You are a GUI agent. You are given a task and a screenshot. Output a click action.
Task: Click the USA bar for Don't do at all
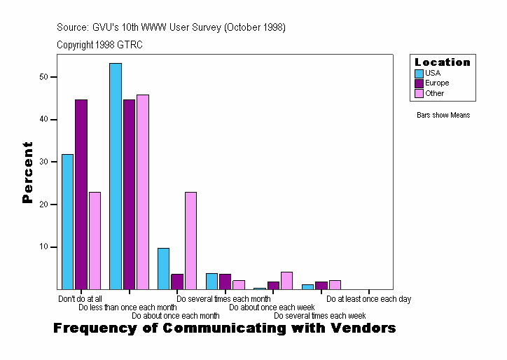point(67,221)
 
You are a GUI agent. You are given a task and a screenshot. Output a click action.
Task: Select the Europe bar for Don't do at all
point(81,194)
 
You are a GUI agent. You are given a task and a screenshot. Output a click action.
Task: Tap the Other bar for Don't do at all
point(95,240)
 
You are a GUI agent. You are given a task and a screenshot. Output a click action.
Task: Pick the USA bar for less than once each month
point(116,176)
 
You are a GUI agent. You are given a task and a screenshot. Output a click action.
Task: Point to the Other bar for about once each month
point(190,240)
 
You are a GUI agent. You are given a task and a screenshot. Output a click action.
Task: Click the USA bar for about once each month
point(163,268)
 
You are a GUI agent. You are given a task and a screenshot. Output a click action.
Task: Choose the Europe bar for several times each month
point(225,282)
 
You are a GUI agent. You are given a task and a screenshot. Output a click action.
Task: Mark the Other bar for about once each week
point(286,281)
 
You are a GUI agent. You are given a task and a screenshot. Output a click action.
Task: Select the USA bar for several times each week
point(307,286)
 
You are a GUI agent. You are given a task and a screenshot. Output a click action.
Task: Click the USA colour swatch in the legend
point(419,73)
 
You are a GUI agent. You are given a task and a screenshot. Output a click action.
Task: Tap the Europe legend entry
point(436,83)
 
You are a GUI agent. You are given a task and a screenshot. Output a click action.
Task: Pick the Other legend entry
point(434,94)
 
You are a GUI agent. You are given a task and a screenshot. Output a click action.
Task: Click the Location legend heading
point(443,62)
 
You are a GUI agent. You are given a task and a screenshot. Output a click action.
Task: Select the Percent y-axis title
point(27,172)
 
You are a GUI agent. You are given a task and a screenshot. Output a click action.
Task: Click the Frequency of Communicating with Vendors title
point(225,328)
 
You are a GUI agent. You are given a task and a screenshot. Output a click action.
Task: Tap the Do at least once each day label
point(368,299)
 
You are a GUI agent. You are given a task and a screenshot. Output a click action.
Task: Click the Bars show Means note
point(443,115)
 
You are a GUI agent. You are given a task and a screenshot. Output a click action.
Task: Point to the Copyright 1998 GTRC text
point(100,44)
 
